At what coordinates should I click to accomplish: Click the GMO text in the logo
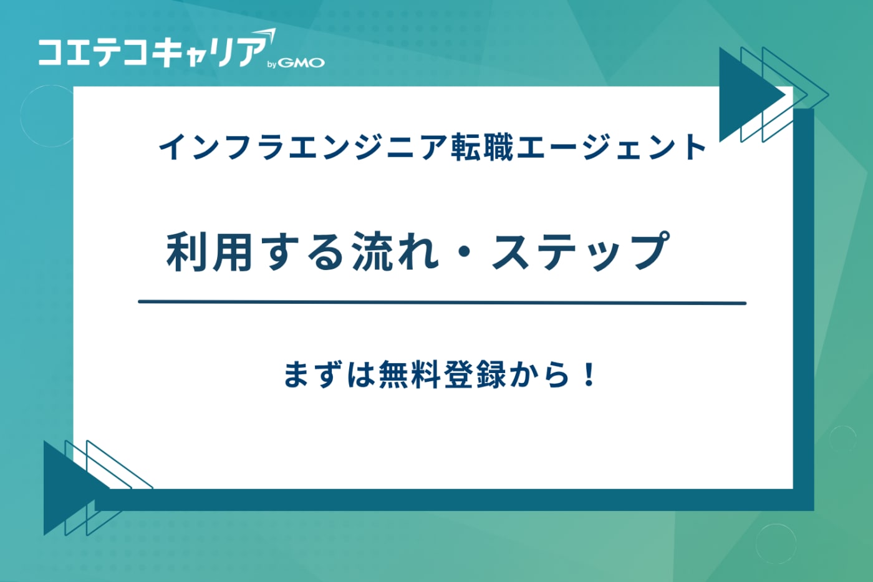(x=301, y=62)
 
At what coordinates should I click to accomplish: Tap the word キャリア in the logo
(x=209, y=51)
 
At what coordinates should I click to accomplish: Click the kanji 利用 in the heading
(x=209, y=251)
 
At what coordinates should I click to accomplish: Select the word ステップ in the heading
(x=580, y=251)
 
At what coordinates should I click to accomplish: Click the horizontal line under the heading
(x=441, y=303)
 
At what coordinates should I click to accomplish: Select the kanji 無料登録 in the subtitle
(x=442, y=375)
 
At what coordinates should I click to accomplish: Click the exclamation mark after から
(x=587, y=375)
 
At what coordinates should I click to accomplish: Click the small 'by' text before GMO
(x=272, y=64)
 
